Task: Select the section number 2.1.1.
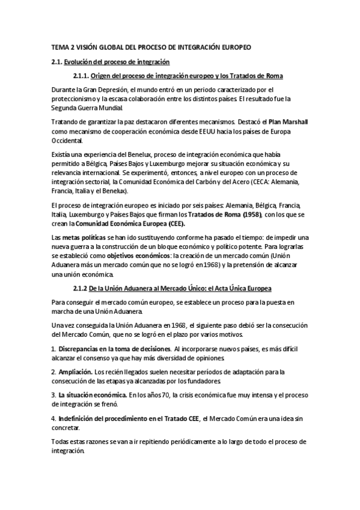[x=81, y=75]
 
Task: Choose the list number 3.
[x=53, y=395]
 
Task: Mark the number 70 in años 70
[x=160, y=395]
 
